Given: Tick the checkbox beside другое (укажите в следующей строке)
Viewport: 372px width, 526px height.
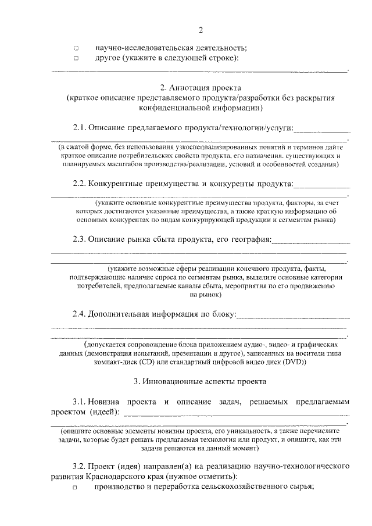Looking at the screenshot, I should click(x=76, y=59).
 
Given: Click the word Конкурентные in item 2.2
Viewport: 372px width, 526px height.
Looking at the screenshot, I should click(x=117, y=184).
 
